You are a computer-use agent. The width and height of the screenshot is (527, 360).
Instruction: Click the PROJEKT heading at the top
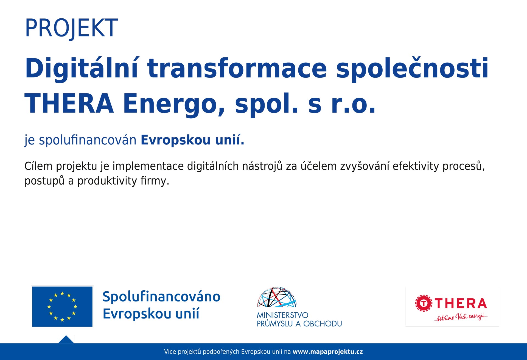[x=71, y=28]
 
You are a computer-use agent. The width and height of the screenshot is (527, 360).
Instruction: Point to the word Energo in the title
[x=174, y=104]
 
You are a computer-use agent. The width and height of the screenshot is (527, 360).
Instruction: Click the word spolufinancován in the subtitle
[x=88, y=140]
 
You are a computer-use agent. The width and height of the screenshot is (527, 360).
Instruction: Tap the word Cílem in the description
[x=38, y=166]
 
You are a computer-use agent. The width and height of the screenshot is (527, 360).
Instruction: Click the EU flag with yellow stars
[x=62, y=306]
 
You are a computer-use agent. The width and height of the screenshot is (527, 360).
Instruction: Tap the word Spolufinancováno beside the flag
[x=161, y=297]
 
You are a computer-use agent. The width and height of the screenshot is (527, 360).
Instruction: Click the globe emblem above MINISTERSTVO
[x=277, y=297]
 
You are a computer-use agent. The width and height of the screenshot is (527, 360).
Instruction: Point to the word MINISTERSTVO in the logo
[x=282, y=315]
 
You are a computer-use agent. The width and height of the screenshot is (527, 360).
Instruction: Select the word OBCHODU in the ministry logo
[x=323, y=324]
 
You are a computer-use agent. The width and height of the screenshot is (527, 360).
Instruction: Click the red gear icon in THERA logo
[x=424, y=303]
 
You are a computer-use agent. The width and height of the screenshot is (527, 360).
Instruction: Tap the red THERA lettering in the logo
[x=461, y=304]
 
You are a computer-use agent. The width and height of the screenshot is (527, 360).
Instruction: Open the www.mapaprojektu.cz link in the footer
[x=328, y=352]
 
